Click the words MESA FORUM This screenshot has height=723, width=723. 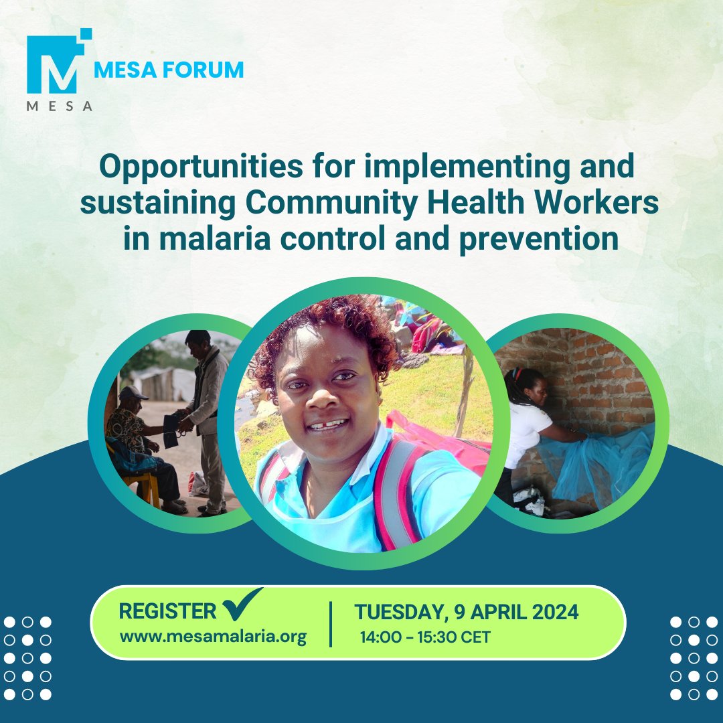click(169, 70)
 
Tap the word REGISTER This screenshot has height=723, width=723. click(167, 611)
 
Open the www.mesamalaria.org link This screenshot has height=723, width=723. click(213, 636)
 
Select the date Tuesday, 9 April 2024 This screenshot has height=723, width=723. click(467, 612)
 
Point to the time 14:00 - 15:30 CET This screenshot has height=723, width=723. click(425, 637)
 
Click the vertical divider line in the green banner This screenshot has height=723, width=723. click(331, 624)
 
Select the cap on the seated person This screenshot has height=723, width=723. click(133, 393)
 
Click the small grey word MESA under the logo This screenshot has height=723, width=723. click(59, 106)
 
